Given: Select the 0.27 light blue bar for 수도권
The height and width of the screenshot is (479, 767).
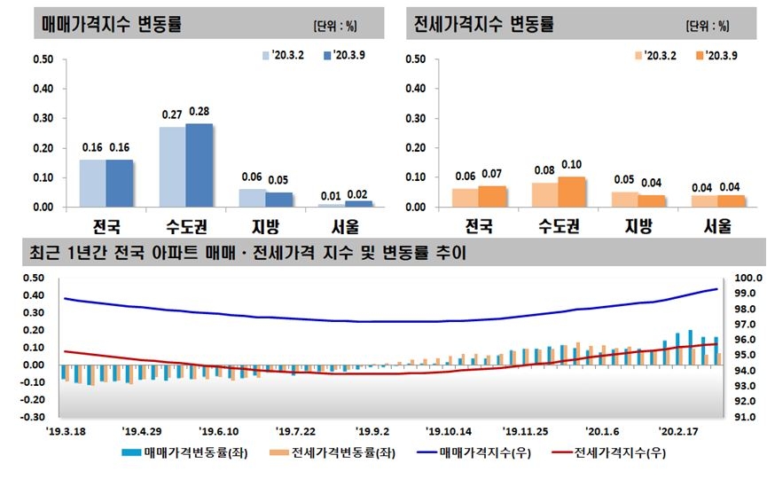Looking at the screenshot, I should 173,167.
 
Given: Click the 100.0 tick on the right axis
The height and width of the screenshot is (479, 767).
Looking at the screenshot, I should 747,278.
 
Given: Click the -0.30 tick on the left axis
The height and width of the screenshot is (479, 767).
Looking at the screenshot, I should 32,416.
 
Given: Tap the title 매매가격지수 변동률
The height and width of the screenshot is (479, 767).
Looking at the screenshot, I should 112,24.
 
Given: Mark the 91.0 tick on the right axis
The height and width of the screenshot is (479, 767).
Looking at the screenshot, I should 747,417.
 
